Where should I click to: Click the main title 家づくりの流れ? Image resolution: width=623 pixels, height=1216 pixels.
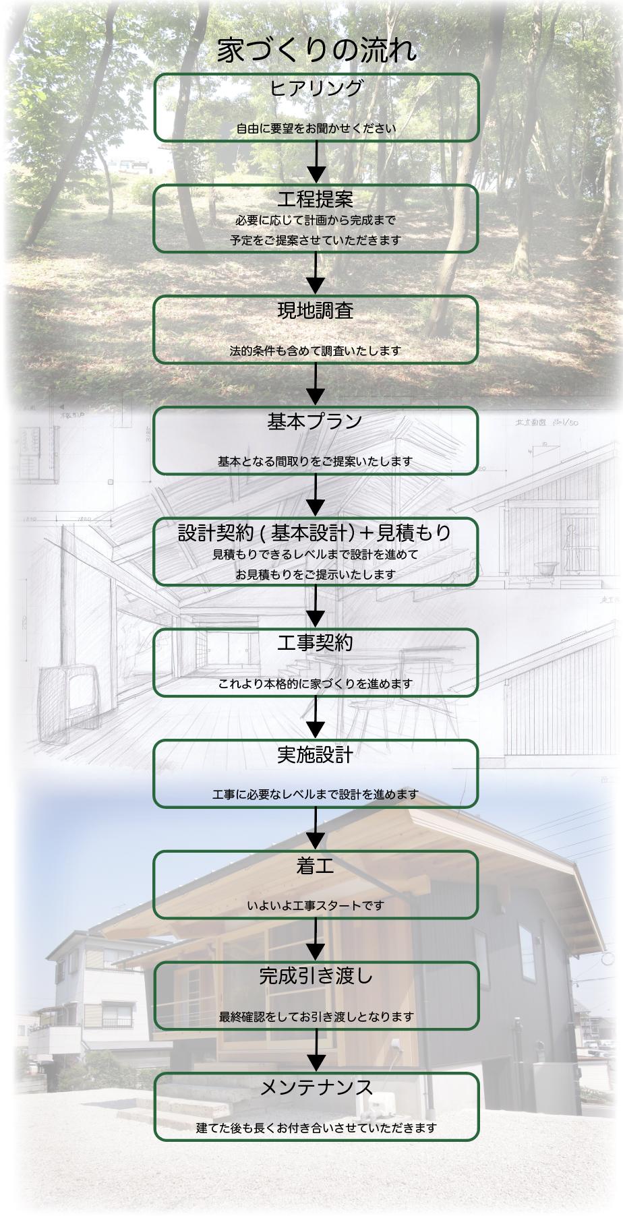pyautogui.click(x=316, y=51)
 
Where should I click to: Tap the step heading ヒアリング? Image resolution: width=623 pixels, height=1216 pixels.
pyautogui.click(x=316, y=88)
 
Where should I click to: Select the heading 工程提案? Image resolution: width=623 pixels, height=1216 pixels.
pyautogui.click(x=316, y=199)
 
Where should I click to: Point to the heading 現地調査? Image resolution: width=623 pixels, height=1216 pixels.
pyautogui.click(x=316, y=310)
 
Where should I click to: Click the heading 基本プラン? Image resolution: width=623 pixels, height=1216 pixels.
pyautogui.click(x=316, y=422)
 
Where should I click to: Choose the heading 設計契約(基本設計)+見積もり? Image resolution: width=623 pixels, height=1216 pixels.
pyautogui.click(x=315, y=533)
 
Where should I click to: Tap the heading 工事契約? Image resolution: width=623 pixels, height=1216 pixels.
pyautogui.click(x=316, y=643)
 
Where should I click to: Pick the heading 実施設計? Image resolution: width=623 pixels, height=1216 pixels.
pyautogui.click(x=316, y=754)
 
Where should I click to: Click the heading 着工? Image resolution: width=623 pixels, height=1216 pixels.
pyautogui.click(x=316, y=865)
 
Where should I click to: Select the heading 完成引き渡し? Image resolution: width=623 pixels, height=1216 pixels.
pyautogui.click(x=316, y=976)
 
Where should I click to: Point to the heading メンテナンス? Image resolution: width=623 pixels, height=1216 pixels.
pyautogui.click(x=316, y=1087)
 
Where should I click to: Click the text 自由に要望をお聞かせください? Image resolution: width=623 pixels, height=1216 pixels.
pyautogui.click(x=316, y=129)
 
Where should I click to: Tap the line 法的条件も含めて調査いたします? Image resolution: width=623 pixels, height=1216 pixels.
pyautogui.click(x=316, y=351)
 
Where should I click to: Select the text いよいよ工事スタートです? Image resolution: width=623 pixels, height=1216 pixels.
pyautogui.click(x=316, y=905)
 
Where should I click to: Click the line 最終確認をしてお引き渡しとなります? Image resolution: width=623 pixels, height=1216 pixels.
pyautogui.click(x=316, y=1016)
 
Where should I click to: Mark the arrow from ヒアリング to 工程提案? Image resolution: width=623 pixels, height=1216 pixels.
pyautogui.click(x=316, y=163)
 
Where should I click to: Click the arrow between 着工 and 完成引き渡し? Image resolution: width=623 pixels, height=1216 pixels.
pyautogui.click(x=316, y=940)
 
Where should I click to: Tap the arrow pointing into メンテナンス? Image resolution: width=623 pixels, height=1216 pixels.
pyautogui.click(x=316, y=1052)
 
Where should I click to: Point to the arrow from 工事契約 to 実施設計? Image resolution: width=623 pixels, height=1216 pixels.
pyautogui.click(x=316, y=719)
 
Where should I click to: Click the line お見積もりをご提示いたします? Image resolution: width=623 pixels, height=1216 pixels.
pyautogui.click(x=316, y=574)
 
